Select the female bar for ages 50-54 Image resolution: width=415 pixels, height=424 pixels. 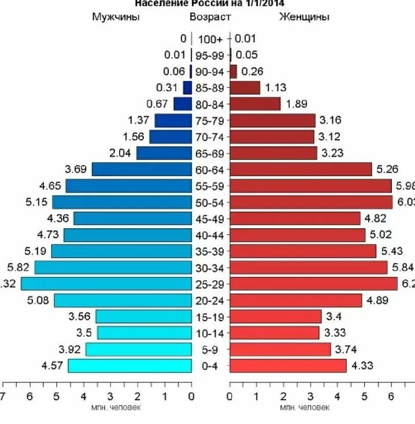(x=311, y=202)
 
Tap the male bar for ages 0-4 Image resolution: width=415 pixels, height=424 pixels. (x=129, y=366)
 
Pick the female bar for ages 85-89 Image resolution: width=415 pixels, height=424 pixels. (x=244, y=88)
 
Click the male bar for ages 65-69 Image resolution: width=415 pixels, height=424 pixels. (x=164, y=153)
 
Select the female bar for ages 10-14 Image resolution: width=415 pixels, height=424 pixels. (x=274, y=333)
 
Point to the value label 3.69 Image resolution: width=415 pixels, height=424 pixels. (x=76, y=169)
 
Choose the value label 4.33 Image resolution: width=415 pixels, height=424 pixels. (x=362, y=366)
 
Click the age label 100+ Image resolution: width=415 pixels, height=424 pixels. (x=210, y=39)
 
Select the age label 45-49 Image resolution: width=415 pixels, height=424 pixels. (x=210, y=219)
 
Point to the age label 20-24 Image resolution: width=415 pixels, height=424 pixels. (x=210, y=300)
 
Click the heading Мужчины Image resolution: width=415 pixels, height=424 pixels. (x=116, y=17)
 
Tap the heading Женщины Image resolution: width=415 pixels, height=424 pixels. (x=304, y=17)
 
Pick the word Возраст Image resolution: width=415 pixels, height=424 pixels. (x=210, y=17)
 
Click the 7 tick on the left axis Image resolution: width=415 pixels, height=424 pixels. (x=3, y=396)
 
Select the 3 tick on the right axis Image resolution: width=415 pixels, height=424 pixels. (x=310, y=396)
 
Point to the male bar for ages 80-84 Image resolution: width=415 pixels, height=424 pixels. (x=182, y=104)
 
